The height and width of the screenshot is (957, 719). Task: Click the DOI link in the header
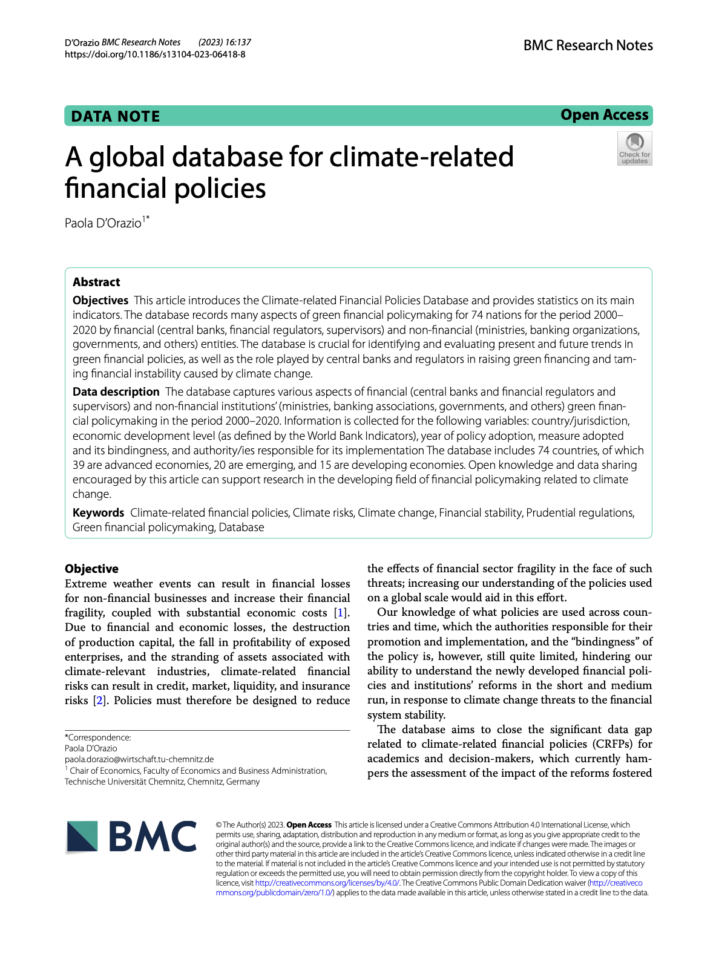[x=155, y=54]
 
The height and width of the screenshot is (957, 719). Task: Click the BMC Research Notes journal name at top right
[x=588, y=45]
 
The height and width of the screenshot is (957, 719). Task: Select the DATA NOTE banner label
[x=116, y=116]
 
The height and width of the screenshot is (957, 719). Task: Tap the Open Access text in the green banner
[x=604, y=115]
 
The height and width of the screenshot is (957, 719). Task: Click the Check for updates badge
[x=634, y=149]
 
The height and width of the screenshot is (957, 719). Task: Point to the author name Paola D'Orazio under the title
[x=103, y=223]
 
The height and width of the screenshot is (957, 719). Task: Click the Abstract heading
[x=96, y=282]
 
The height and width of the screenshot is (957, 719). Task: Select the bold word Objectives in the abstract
[x=100, y=301]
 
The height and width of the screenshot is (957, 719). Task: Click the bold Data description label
[x=116, y=392]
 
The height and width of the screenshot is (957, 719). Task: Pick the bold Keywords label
[x=98, y=513]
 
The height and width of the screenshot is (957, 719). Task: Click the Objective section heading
[x=91, y=569]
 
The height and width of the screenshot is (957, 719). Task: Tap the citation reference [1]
[x=341, y=613]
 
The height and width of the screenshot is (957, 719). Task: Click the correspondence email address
[x=139, y=759]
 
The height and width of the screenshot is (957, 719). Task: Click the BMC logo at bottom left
[x=131, y=837]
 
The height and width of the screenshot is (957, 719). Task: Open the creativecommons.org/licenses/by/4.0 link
[x=327, y=883]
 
